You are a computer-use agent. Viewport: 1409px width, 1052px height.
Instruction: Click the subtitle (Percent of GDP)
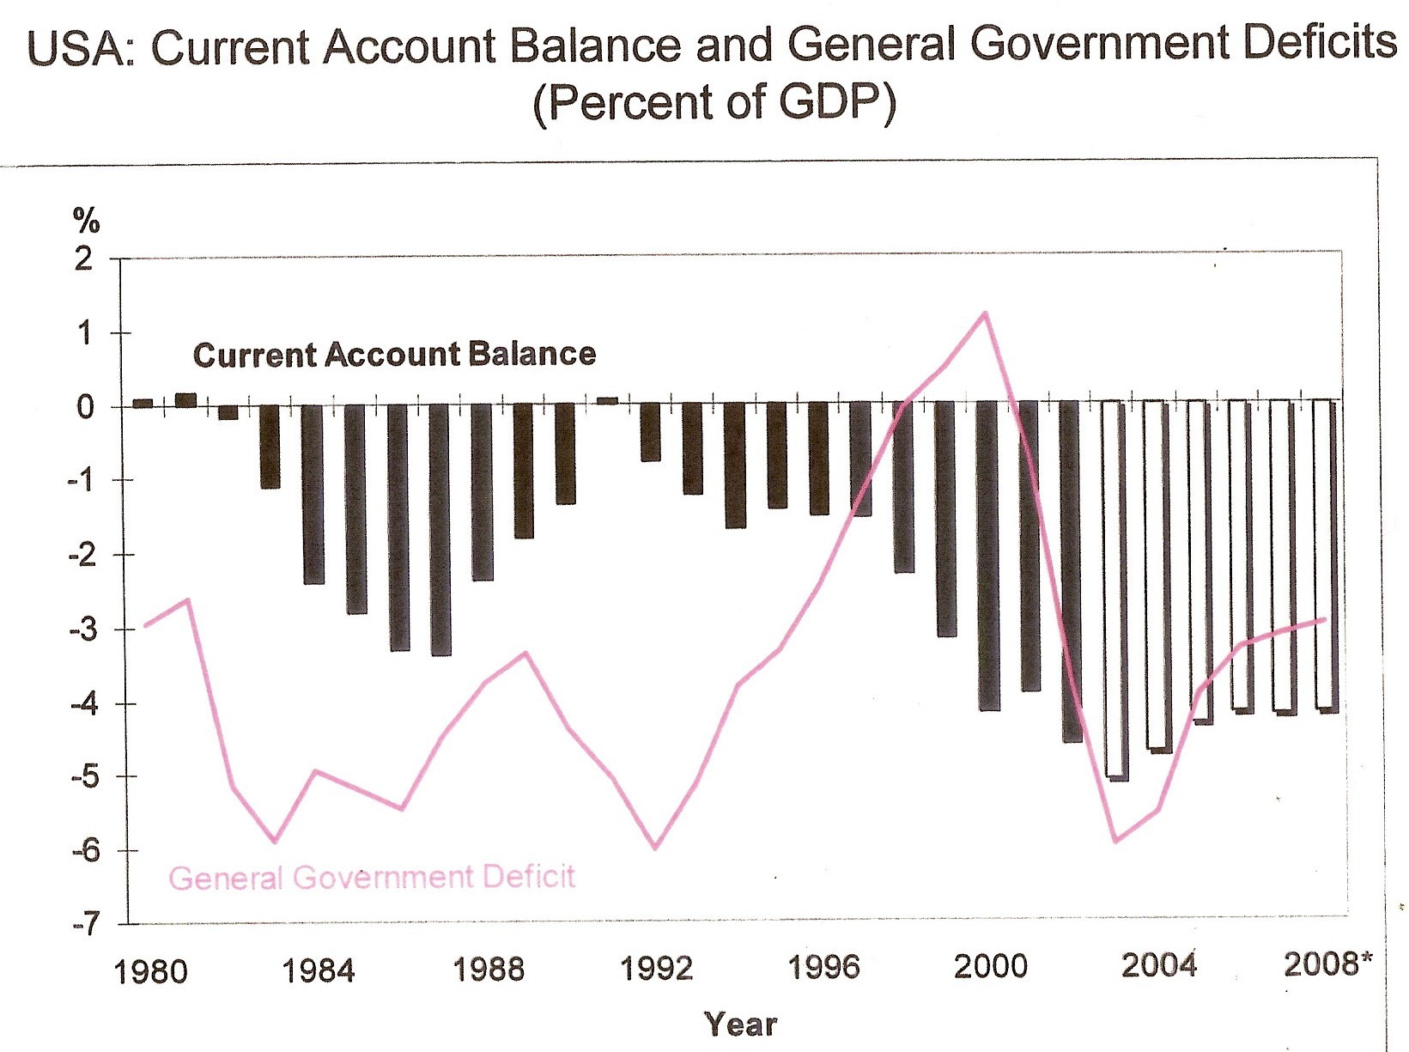[x=714, y=103]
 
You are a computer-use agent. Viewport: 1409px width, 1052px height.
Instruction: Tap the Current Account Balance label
[x=394, y=355]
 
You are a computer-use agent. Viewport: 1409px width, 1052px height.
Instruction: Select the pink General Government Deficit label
[x=371, y=878]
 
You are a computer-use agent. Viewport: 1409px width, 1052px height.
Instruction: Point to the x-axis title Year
[x=740, y=1025]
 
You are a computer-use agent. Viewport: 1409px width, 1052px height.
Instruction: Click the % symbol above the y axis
[x=87, y=222]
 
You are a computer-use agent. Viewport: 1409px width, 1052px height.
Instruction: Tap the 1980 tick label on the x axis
[x=151, y=971]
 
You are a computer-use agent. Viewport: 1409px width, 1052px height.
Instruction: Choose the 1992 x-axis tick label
[x=656, y=970]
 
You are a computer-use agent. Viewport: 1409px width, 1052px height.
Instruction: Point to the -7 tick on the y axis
[x=84, y=926]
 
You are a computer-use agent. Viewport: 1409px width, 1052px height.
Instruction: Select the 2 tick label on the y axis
[x=83, y=258]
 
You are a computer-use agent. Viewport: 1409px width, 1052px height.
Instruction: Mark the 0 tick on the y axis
[x=84, y=407]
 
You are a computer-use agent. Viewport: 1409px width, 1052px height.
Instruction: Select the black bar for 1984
[x=313, y=494]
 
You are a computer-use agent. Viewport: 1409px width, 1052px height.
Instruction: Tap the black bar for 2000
[x=988, y=556]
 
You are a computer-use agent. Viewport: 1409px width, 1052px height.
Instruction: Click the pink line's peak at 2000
[x=985, y=313]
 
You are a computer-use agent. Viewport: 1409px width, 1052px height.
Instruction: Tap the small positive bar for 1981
[x=185, y=399]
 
